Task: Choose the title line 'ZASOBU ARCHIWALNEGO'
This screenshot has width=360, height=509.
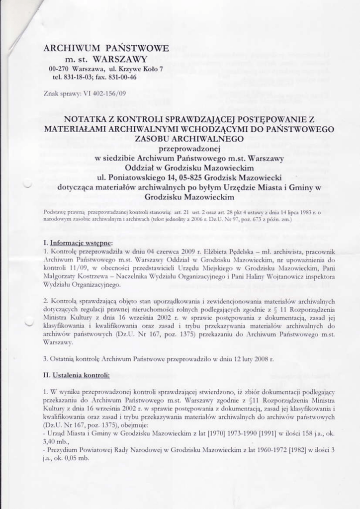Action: pos(189,138)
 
